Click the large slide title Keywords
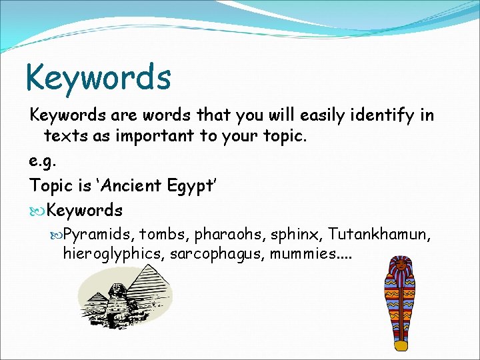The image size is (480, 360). (x=98, y=77)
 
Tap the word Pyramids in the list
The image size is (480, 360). (x=100, y=233)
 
